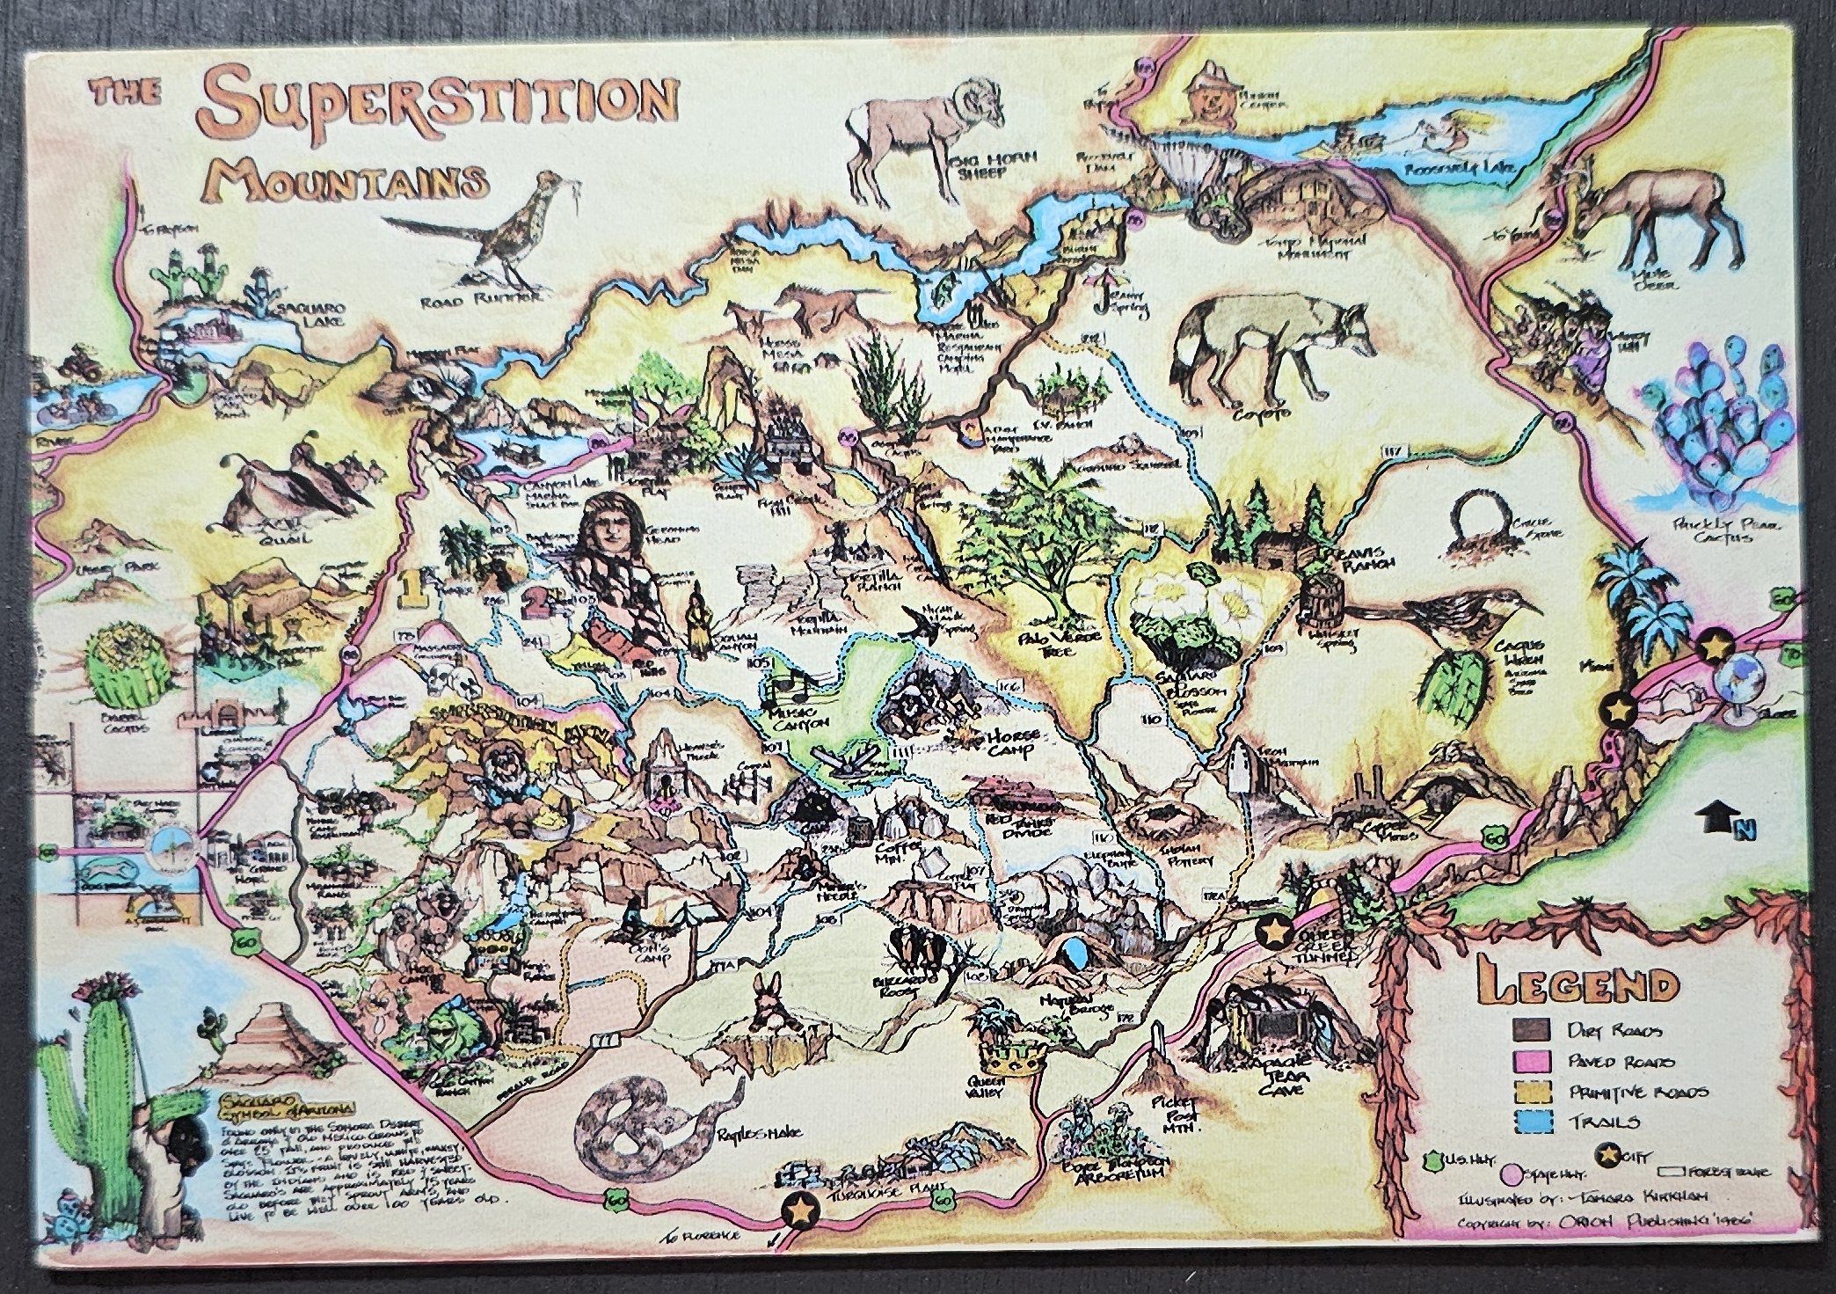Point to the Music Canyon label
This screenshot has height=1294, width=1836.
(x=798, y=717)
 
